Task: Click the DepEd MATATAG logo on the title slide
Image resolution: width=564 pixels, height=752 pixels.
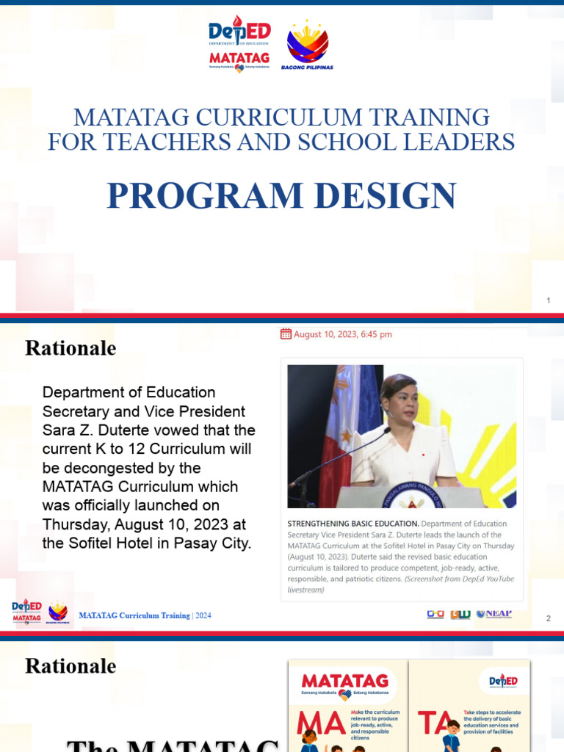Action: (239, 44)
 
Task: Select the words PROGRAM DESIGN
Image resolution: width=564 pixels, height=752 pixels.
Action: (281, 196)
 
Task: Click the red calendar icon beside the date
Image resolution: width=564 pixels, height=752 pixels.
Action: (286, 334)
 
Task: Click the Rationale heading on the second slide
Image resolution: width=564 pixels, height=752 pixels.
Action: (70, 348)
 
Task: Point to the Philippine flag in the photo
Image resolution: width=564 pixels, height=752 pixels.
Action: (345, 426)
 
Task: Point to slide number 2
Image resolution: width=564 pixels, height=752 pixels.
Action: (548, 619)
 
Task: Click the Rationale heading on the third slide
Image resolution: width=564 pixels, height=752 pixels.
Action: (70, 666)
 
